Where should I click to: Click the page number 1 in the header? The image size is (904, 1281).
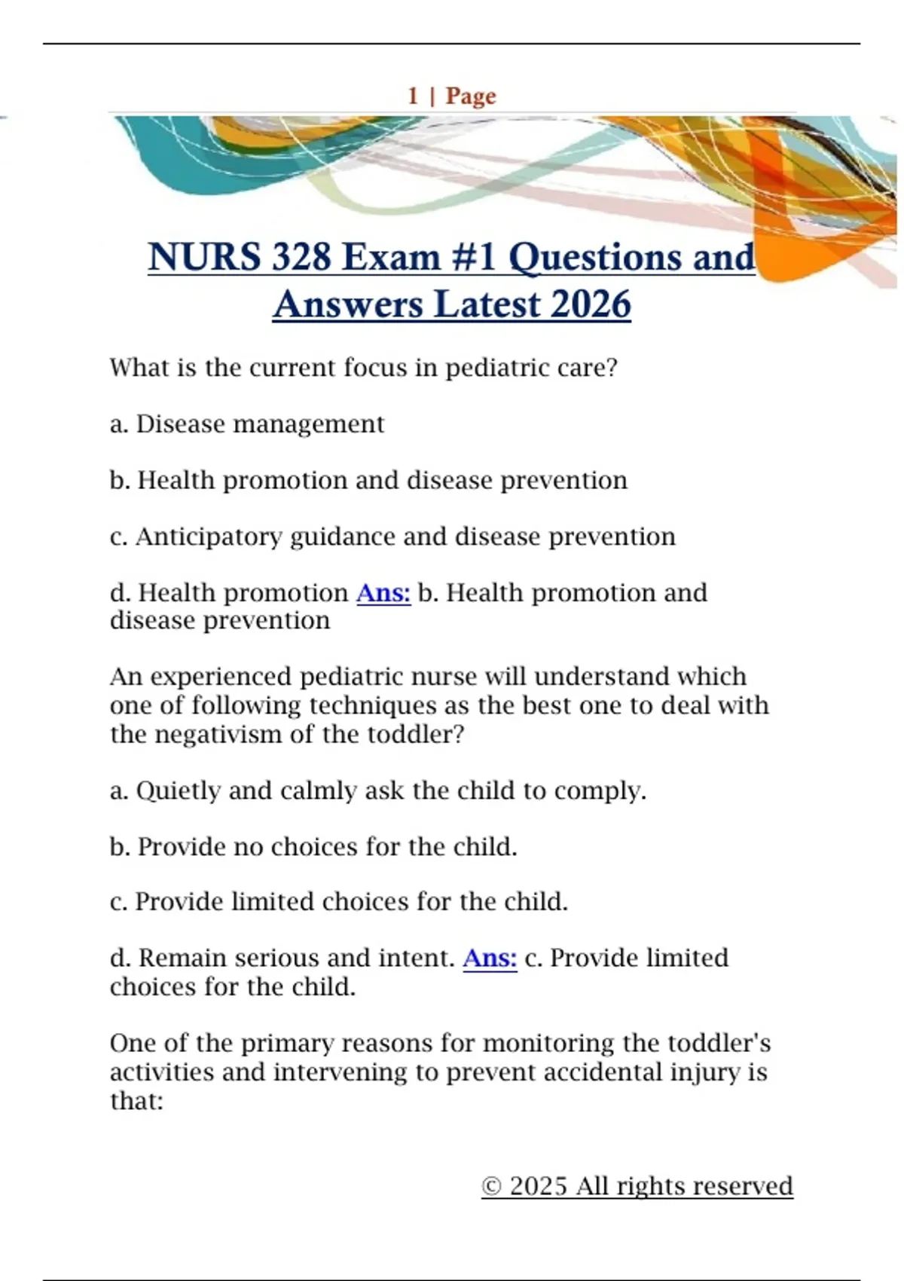tap(413, 96)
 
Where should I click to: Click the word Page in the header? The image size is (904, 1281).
tap(471, 96)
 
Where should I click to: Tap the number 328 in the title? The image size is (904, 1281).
tap(301, 257)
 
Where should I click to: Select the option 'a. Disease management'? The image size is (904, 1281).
tap(247, 424)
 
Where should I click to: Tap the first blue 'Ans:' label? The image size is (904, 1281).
tap(383, 593)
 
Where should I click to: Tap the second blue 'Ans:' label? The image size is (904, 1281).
tap(490, 958)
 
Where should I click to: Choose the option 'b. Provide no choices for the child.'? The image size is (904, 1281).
tap(313, 847)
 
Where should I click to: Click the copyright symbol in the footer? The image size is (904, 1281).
tap(491, 1187)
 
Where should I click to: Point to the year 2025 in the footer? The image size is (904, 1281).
tap(538, 1187)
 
